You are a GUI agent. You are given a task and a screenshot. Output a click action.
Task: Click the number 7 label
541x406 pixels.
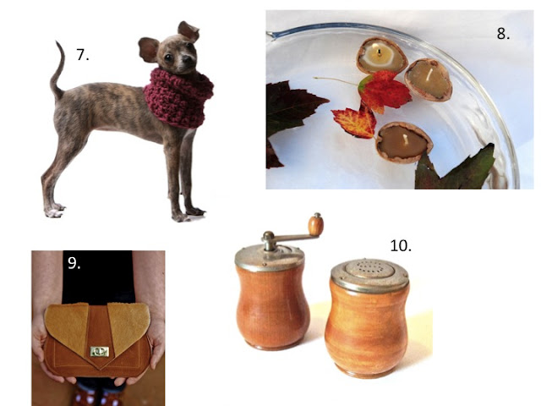coord(82,54)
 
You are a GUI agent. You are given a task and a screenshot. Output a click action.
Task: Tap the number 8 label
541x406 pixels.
coord(504,34)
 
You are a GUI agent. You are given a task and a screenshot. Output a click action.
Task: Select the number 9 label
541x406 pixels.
coord(74,263)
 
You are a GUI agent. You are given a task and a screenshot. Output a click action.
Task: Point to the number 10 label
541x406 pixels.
coord(401,246)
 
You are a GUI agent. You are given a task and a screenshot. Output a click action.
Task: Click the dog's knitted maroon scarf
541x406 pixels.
coord(178,98)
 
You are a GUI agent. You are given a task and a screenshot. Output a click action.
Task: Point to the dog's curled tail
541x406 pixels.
coord(58,71)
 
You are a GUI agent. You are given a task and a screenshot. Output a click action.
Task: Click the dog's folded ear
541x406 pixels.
coord(189,31)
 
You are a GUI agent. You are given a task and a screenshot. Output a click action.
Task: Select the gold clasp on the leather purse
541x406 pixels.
coord(100,351)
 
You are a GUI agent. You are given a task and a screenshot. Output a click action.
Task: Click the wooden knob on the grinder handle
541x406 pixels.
coord(315,224)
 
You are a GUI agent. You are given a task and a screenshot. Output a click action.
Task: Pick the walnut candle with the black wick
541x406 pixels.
coord(381,57)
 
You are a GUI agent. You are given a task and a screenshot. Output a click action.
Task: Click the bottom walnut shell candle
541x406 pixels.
coord(404,142)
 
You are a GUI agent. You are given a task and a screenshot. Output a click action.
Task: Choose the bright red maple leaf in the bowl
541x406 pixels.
coord(383,91)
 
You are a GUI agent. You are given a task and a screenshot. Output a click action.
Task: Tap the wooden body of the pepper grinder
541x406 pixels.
coord(272,306)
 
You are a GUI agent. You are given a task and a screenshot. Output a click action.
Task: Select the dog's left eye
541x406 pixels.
coord(168,58)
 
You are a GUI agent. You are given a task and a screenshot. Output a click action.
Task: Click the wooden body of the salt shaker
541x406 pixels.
coord(367,329)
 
